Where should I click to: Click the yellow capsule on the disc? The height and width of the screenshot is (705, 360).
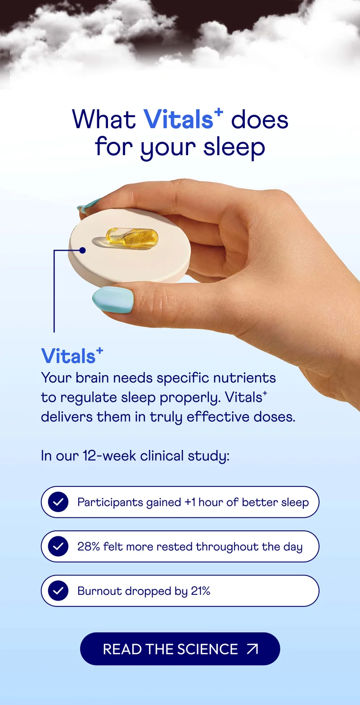132,237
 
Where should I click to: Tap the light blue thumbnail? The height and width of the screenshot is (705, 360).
113,300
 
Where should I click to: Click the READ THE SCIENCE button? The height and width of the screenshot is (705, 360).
180,649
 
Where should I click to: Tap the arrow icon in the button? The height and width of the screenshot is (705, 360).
252,649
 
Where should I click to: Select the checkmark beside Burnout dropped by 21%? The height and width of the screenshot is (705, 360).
58,591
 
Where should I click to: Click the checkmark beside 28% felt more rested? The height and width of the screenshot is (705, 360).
58,547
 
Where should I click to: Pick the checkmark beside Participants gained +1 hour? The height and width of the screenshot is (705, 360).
58,502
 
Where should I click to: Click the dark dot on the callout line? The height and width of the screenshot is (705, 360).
82,250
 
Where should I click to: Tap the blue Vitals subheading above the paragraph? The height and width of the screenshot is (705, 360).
68,356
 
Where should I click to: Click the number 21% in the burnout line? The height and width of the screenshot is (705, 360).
200,591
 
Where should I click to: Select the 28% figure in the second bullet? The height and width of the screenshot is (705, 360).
88,547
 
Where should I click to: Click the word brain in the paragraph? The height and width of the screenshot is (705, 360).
92,377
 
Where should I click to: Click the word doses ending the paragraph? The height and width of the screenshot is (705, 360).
272,417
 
